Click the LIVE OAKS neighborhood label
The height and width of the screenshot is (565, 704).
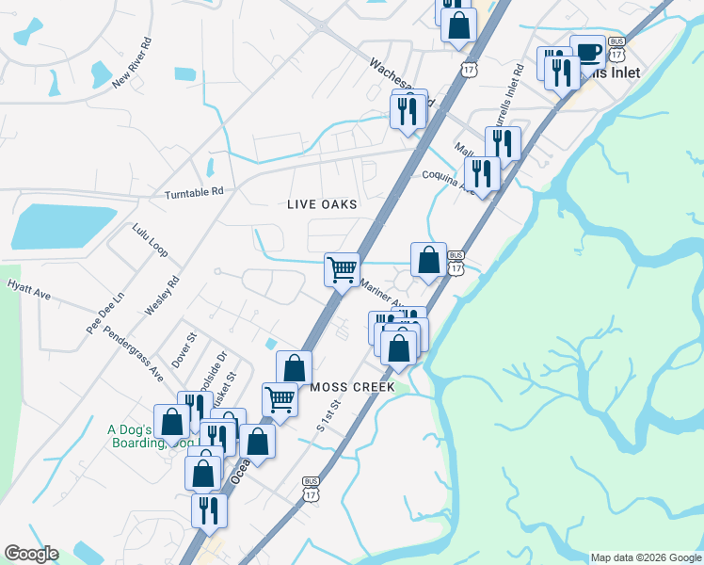click(x=322, y=204)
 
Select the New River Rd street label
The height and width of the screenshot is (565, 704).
click(x=132, y=63)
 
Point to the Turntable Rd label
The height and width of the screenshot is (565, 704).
click(x=194, y=192)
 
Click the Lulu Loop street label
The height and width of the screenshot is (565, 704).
click(x=150, y=240)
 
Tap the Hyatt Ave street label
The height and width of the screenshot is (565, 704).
click(x=28, y=289)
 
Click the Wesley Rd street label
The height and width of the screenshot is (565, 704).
click(x=161, y=296)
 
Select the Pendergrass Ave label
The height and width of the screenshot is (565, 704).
click(x=133, y=353)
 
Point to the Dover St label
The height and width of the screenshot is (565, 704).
click(x=183, y=349)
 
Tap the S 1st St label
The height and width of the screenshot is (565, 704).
click(x=327, y=414)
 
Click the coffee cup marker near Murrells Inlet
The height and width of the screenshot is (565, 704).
click(x=587, y=51)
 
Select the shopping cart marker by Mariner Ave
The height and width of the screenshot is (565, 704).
click(x=342, y=267)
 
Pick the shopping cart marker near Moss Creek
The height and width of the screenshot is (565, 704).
click(x=280, y=398)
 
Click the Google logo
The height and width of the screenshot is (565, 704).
click(x=31, y=554)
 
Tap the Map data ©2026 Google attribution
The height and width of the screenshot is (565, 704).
click(x=645, y=557)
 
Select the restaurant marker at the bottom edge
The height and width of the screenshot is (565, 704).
click(x=208, y=509)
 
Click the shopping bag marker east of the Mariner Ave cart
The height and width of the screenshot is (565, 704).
click(x=428, y=260)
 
